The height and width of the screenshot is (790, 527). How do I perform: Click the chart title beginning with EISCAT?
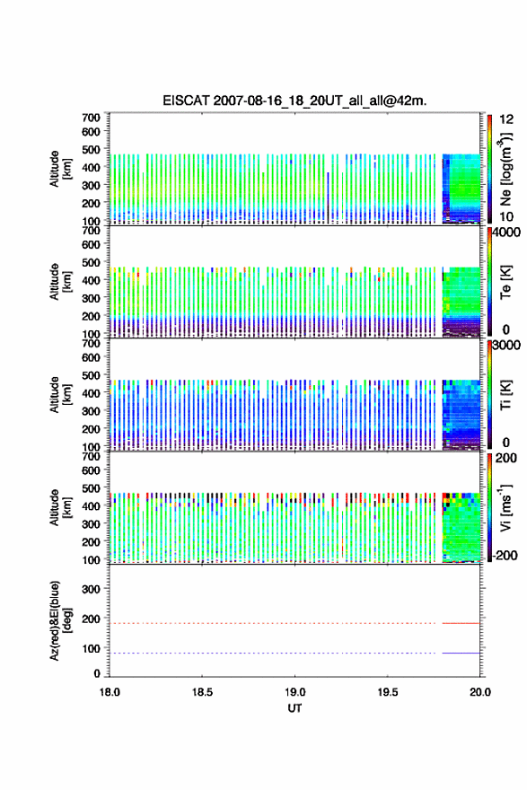point(294,101)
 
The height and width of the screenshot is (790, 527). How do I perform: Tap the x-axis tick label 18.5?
point(202,692)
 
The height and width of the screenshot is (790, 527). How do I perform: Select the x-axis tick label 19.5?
point(388,692)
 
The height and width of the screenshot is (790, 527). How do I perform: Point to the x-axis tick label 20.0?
point(480,692)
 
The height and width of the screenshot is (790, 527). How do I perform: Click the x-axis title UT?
point(294,708)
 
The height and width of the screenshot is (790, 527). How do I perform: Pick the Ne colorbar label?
point(505,170)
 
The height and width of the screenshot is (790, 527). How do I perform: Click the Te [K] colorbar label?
point(505,282)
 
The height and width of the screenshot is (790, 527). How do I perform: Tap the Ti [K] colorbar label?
point(505,394)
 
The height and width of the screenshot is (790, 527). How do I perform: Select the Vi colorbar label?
point(505,507)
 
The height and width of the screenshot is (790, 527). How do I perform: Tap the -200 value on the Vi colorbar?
point(505,555)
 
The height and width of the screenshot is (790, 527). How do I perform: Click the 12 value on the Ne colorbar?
point(507,119)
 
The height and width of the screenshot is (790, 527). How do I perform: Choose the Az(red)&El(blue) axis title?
point(60,620)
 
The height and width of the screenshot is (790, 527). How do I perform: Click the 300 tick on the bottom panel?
point(91,589)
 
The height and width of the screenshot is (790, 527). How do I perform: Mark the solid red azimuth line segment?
point(461,623)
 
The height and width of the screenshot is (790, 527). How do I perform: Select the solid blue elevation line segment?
point(461,653)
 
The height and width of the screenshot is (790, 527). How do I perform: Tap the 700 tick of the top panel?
point(91,118)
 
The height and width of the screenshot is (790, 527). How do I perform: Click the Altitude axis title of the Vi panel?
point(60,507)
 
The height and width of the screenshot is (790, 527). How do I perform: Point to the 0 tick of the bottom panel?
point(97,673)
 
